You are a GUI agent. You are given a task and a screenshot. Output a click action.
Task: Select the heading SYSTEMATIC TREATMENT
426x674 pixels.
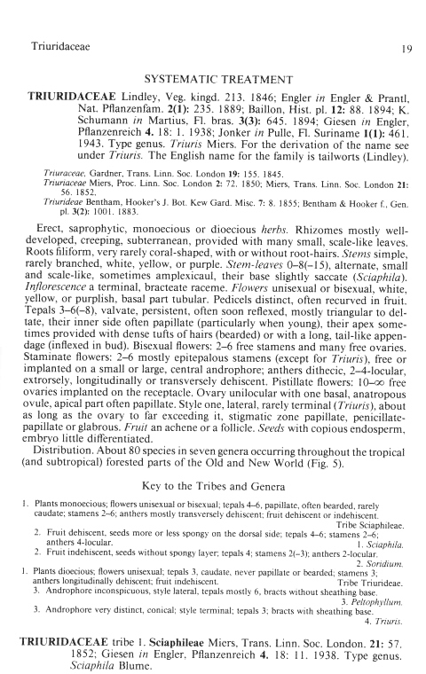(213, 78)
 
